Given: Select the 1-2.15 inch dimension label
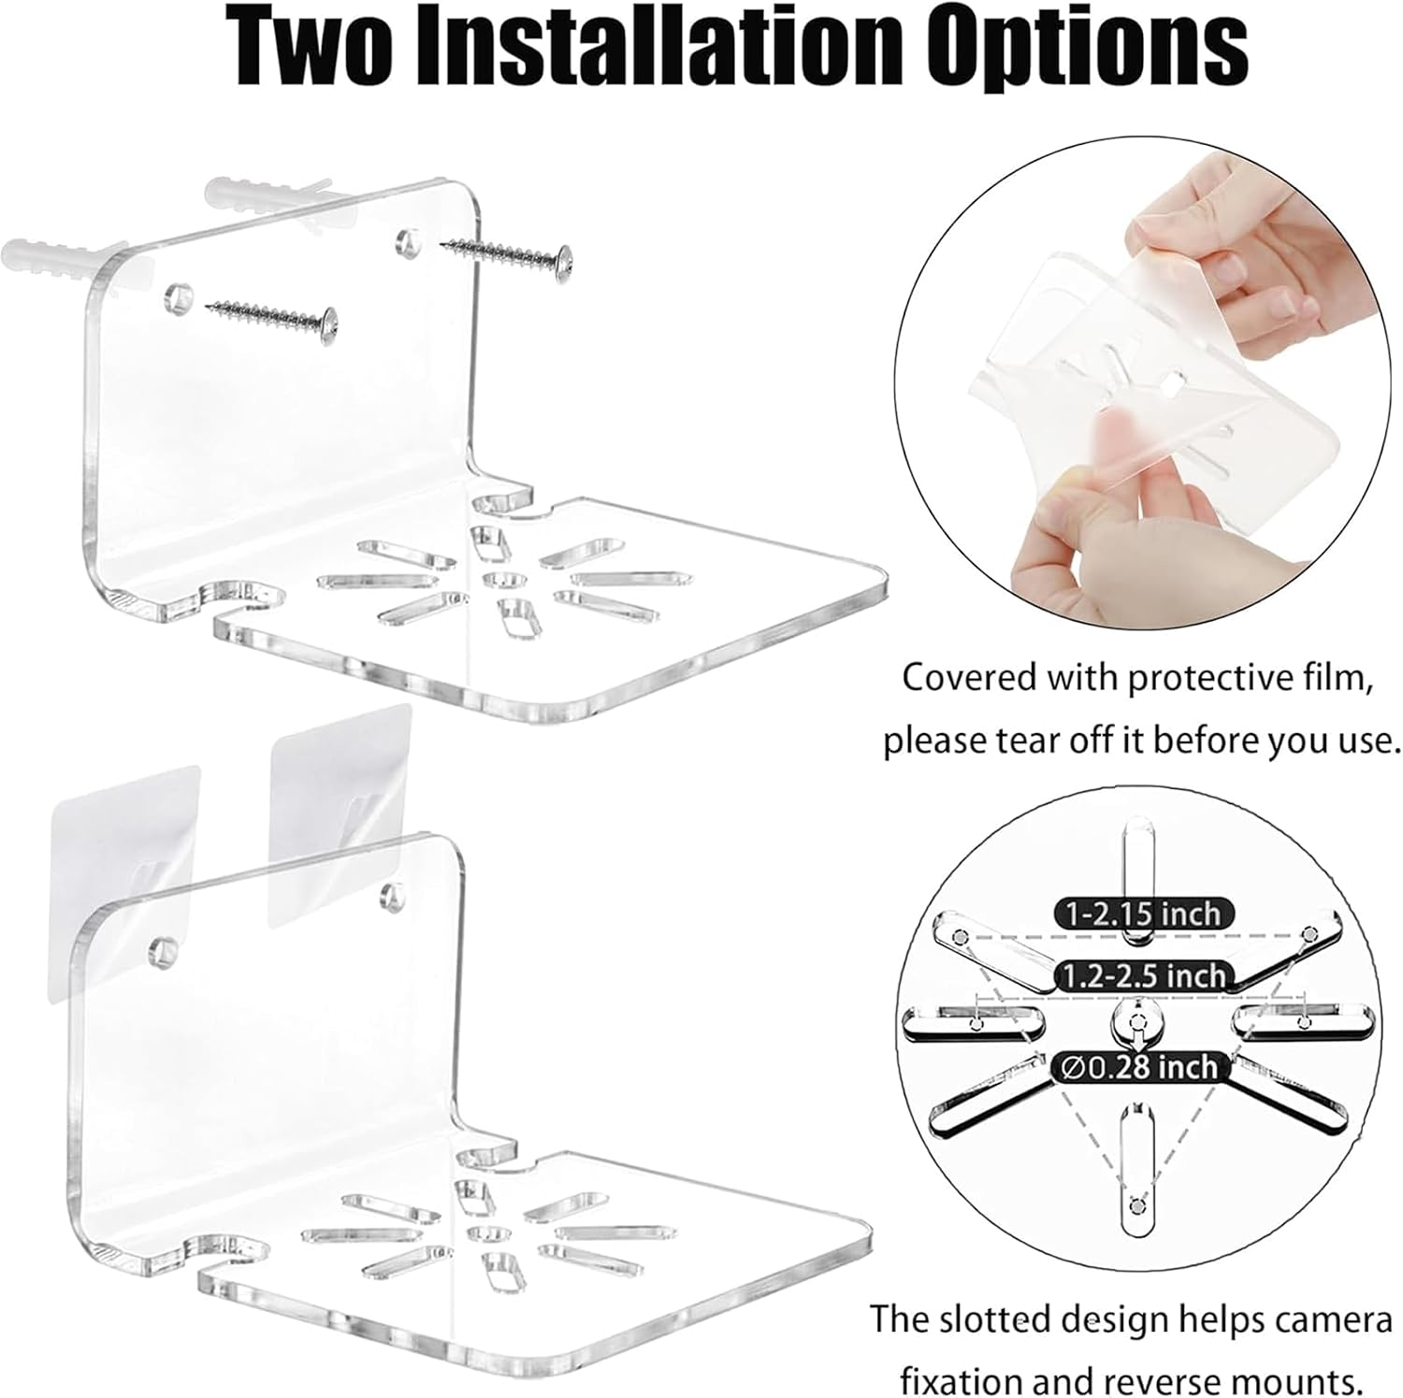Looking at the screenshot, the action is (1139, 913).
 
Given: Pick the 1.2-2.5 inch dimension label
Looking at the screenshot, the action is (1143, 976).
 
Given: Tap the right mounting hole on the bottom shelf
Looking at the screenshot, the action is (386, 899).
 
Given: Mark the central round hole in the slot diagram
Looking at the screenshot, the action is (1137, 1025).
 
